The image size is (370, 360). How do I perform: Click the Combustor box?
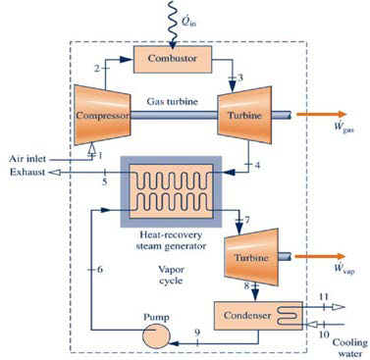click(x=173, y=59)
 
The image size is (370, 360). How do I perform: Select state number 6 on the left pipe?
click(x=99, y=268)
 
